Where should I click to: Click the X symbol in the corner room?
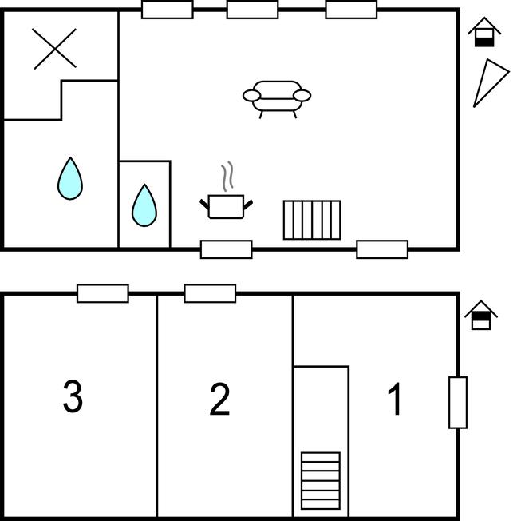[x=55, y=48]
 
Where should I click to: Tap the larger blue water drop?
[x=70, y=178]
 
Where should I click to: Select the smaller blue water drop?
[x=144, y=205]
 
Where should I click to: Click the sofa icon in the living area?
[x=276, y=97]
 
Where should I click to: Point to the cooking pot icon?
[x=227, y=205]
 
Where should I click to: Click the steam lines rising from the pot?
[x=228, y=177]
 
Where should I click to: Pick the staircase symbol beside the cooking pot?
[x=312, y=220]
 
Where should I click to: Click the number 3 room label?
[x=73, y=397]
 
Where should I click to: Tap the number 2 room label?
[x=219, y=400]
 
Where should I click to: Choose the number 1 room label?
[x=394, y=400]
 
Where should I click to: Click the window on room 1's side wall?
[x=457, y=402]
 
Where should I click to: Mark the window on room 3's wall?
[x=103, y=293]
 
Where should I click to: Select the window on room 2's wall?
[x=210, y=293]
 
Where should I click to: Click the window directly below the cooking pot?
[x=226, y=249]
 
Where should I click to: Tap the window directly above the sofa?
[x=252, y=10]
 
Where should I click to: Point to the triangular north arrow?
[x=488, y=82]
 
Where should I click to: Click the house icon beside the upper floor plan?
[x=484, y=33]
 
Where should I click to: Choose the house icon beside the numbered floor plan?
[x=481, y=315]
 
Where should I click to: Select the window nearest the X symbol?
[x=167, y=10]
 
